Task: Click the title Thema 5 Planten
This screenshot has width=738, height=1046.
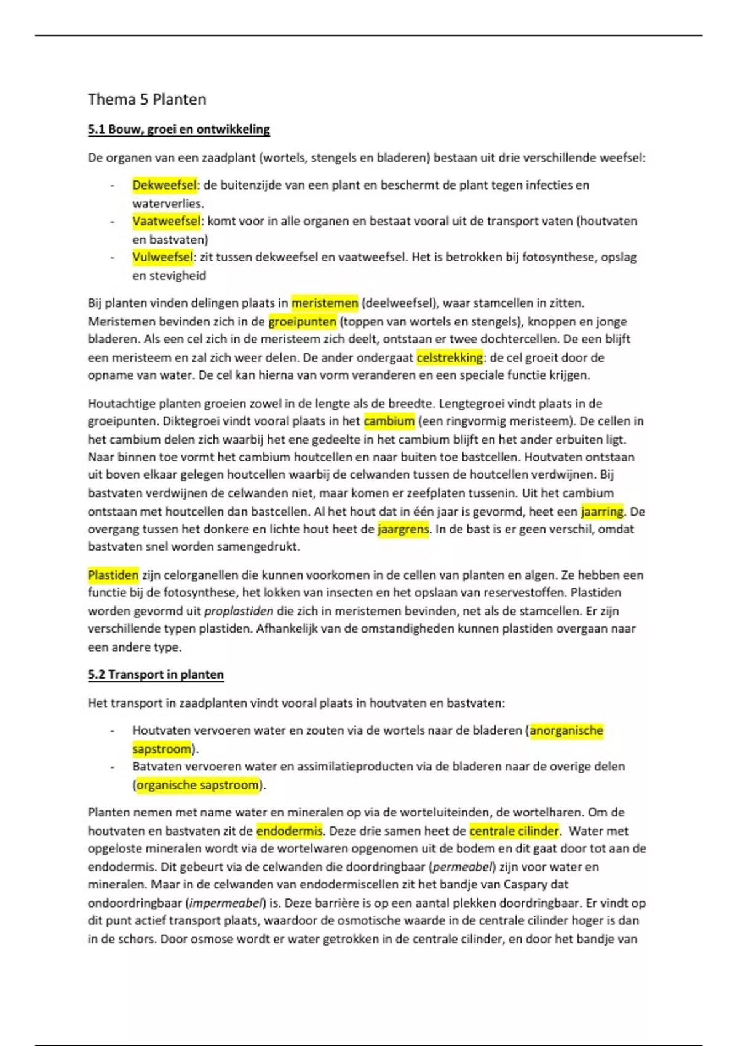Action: coord(147,100)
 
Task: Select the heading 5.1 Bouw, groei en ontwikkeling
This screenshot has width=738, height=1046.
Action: coord(179,129)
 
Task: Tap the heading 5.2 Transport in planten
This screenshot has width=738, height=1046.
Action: coord(156,675)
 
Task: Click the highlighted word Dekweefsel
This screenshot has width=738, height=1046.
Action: coord(164,185)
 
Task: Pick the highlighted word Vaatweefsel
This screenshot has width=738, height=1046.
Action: coord(166,221)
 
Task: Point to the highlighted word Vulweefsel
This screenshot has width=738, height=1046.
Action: coord(162,257)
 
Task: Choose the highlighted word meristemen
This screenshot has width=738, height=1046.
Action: coord(325,303)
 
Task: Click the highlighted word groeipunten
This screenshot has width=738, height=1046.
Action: coord(303,322)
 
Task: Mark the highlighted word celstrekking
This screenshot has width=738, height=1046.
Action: coord(450,357)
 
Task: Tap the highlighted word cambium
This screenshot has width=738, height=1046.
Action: coord(389,421)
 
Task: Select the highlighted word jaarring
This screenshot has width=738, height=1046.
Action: coord(602,511)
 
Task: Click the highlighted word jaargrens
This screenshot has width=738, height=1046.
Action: coord(403,529)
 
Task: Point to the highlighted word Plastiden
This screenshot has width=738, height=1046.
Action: coord(113,575)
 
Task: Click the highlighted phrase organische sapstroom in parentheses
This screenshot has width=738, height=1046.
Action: coord(197,785)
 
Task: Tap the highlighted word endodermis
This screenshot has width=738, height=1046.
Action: coord(289,831)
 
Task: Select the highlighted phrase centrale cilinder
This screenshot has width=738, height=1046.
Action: coord(514,831)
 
